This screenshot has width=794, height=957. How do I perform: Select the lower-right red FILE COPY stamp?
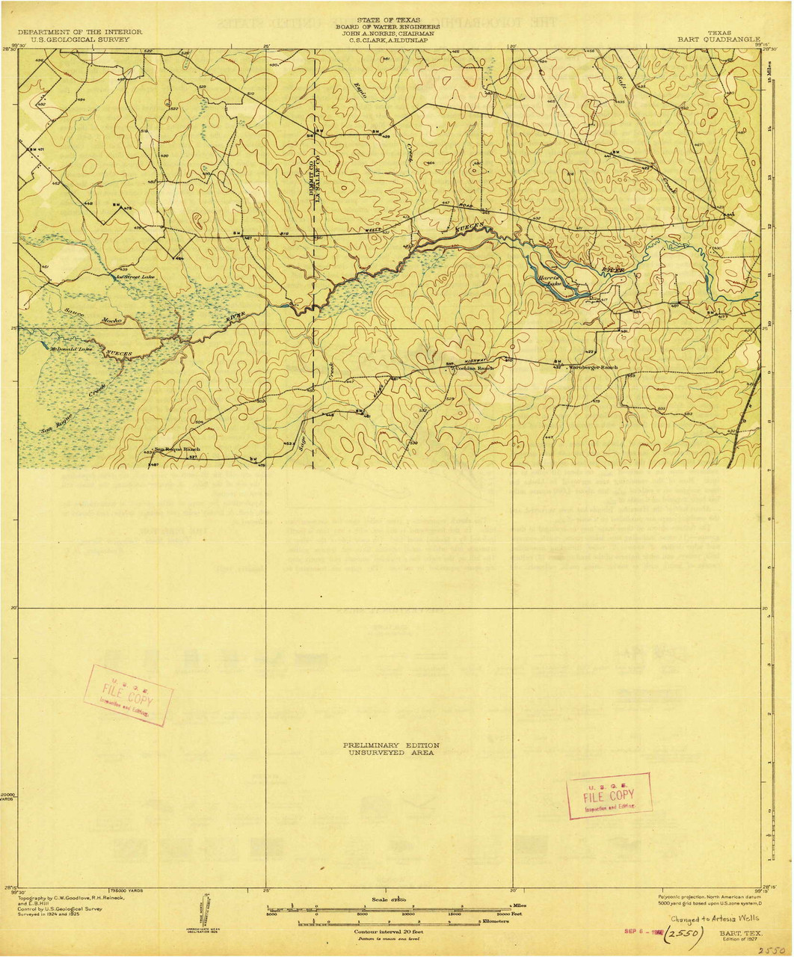click(x=609, y=796)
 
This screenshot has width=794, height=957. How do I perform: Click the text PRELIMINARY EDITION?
click(x=390, y=745)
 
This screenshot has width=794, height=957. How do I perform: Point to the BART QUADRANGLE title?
click(x=718, y=39)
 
